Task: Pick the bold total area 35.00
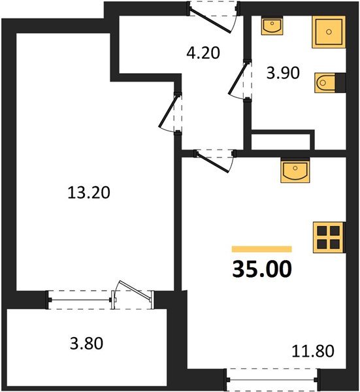pos(261,269)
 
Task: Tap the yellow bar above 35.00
pos(261,249)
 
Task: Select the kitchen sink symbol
pos(295,172)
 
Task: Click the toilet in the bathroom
pos(328,82)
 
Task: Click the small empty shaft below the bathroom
pos(282,141)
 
